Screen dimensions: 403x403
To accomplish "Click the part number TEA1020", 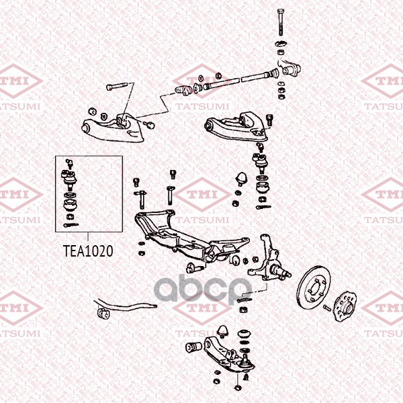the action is coord(88,251).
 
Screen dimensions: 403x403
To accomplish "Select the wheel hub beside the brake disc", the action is coord(345,306).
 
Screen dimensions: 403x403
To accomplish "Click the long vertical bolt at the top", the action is coord(281,22).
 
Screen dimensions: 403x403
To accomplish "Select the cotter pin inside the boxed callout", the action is coord(71,225).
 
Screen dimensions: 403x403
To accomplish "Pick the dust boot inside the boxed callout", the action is coord(71,204).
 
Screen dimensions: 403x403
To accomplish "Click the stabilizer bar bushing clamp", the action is coord(103,313).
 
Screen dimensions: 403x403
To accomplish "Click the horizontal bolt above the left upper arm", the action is coord(117,86).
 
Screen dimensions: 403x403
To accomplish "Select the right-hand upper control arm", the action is coord(236,126).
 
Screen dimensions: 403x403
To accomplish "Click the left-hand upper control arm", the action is coord(113,128).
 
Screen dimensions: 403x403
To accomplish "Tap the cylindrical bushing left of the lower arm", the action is coord(193,347).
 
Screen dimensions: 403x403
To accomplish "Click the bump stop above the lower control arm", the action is coord(222,332).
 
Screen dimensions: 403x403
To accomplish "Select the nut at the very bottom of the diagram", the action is coord(238,388).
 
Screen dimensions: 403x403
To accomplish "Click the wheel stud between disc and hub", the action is coord(326,307).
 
